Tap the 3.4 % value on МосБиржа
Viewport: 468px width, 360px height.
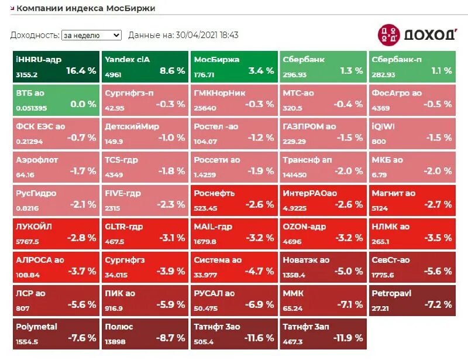point(261,71)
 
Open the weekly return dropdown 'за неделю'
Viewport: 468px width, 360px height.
point(91,35)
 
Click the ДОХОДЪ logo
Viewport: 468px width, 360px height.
point(417,35)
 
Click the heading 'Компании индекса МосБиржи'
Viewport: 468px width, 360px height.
point(86,8)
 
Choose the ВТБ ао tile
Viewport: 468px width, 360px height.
point(56,100)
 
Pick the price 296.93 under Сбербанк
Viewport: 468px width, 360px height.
point(295,75)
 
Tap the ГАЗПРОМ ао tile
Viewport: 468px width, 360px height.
point(322,133)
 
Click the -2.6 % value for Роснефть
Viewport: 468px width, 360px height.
point(260,205)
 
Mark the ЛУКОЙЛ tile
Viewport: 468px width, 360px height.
point(56,234)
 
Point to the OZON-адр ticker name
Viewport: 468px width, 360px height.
point(304,227)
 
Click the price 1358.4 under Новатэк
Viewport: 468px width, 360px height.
point(294,275)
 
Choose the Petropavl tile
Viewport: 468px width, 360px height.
point(411,300)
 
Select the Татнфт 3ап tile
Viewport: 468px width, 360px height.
point(322,334)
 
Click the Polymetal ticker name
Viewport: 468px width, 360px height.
point(37,327)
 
